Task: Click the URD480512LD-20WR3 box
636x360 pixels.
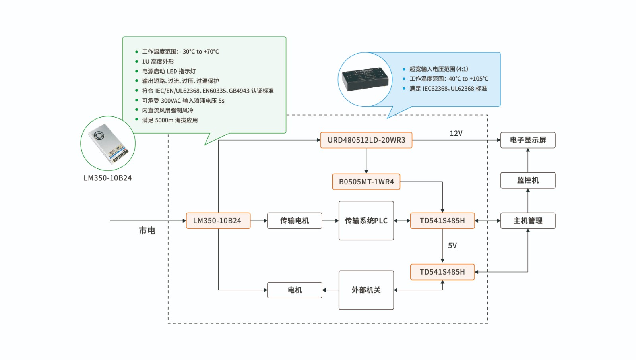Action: click(366, 140)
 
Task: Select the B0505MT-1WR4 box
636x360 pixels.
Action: click(366, 182)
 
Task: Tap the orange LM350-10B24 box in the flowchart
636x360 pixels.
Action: click(218, 221)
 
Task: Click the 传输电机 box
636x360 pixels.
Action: click(295, 221)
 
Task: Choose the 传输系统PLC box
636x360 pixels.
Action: click(366, 221)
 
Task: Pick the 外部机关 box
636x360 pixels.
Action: click(366, 290)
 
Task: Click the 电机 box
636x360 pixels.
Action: click(295, 290)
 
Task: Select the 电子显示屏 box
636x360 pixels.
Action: click(528, 140)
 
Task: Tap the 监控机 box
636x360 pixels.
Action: click(528, 180)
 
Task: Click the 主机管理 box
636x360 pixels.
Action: click(528, 221)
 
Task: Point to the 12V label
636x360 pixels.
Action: click(456, 134)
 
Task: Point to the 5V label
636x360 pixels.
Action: click(452, 246)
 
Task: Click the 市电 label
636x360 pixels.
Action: click(147, 230)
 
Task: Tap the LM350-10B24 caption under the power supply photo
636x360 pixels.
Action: click(108, 178)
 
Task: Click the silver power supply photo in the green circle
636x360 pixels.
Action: click(108, 143)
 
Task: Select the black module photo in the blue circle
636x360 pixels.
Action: click(365, 79)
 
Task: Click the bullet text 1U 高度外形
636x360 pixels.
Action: click(158, 62)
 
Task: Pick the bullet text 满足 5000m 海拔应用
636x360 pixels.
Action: click(170, 120)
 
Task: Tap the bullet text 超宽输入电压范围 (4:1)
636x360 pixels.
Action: click(439, 69)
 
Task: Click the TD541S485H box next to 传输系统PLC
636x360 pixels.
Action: click(442, 221)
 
